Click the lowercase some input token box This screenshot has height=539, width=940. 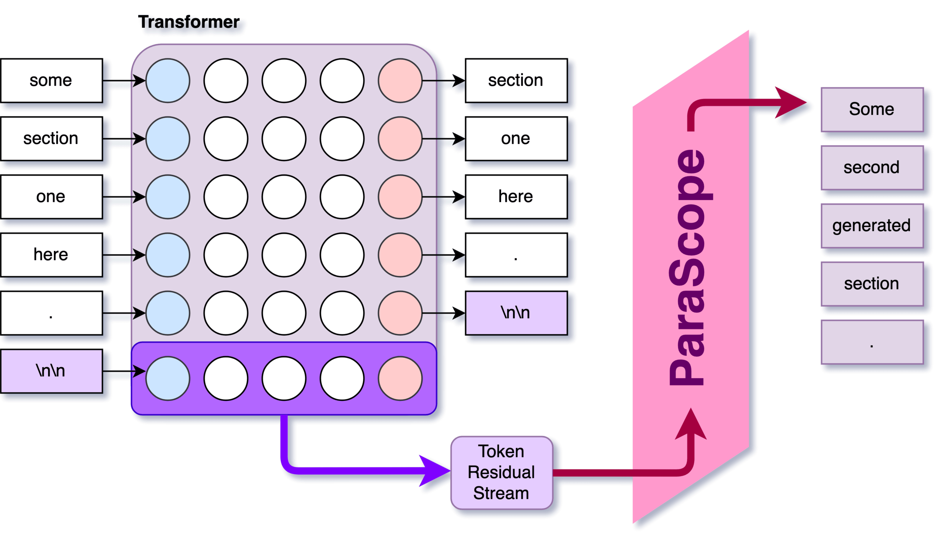[51, 80]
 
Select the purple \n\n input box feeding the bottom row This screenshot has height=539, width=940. [51, 371]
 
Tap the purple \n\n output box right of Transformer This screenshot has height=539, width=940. [516, 313]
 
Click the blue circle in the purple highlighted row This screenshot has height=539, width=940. [168, 378]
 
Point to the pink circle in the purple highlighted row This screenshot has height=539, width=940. [400, 378]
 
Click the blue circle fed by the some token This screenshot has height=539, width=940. [168, 80]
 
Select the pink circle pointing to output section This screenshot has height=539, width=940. [400, 80]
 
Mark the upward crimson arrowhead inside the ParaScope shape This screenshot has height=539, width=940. [691, 426]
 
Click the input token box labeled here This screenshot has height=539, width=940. [51, 255]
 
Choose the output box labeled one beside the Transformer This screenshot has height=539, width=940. [516, 138]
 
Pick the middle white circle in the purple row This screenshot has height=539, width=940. [284, 378]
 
